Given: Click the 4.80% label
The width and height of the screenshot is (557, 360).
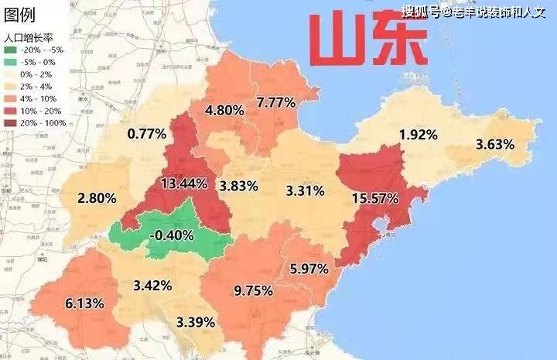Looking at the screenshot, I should click(224, 111).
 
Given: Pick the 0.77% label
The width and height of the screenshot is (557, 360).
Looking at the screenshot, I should click(147, 133).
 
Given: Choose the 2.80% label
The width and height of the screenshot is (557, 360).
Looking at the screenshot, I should click(97, 198).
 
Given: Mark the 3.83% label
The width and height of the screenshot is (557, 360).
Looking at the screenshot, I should click(237, 186).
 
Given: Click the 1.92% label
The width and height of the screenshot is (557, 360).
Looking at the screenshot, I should click(418, 134).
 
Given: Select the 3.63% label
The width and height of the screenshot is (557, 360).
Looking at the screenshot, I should click(495, 144).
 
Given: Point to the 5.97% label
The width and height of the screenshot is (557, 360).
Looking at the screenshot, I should click(309, 269).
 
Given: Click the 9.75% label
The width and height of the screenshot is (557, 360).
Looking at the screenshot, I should click(253, 290).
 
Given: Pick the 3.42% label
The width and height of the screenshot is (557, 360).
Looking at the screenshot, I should click(152, 286).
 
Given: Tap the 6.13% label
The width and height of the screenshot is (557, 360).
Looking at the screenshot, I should click(84, 303).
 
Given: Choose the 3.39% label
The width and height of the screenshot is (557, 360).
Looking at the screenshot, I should click(196, 321).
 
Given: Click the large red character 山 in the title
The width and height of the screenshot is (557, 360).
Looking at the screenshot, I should click(337, 39).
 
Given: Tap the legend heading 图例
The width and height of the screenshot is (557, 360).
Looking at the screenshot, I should click(20, 15).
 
